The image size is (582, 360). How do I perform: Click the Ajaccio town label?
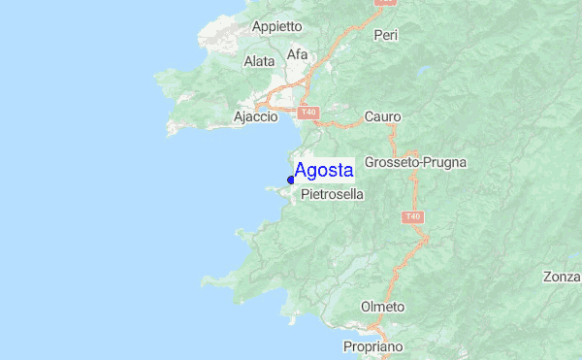click(x=256, y=116)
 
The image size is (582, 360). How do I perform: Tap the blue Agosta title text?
click(x=323, y=171)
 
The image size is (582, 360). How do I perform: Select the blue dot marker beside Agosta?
click(x=291, y=180)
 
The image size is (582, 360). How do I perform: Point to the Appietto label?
click(x=277, y=26)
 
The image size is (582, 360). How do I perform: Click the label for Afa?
click(x=297, y=54)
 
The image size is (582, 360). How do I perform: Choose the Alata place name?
click(x=260, y=61)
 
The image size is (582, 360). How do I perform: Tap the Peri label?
click(x=386, y=35)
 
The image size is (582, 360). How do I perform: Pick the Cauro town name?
click(x=382, y=116)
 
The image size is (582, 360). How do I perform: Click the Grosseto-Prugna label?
click(x=416, y=162)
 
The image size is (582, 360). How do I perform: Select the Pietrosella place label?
click(x=333, y=194)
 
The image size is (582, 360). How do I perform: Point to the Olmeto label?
click(x=382, y=307)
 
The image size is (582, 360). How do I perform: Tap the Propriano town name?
click(x=373, y=346)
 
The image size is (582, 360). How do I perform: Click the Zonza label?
click(x=562, y=277)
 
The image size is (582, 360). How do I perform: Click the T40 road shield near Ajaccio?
click(x=308, y=114)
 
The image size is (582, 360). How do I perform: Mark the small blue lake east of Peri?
click(x=424, y=70)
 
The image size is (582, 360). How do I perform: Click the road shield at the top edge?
click(x=385, y=3)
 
